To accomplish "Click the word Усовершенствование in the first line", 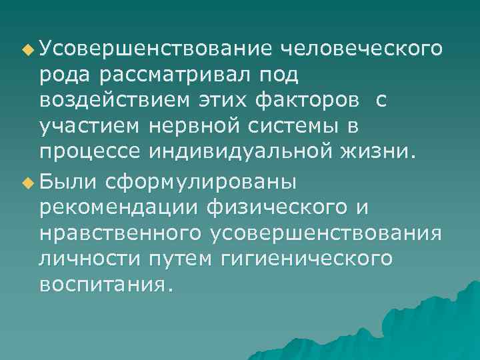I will point(155,48).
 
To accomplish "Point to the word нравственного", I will point(121,233).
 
